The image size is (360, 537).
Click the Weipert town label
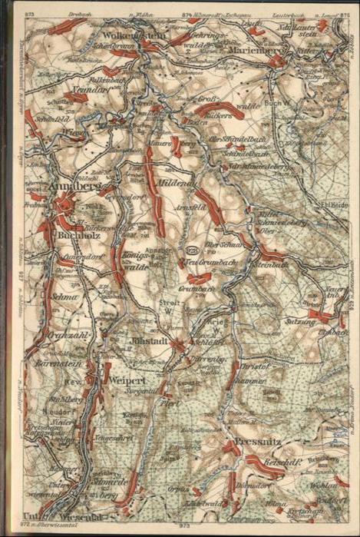click(x=124, y=381)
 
